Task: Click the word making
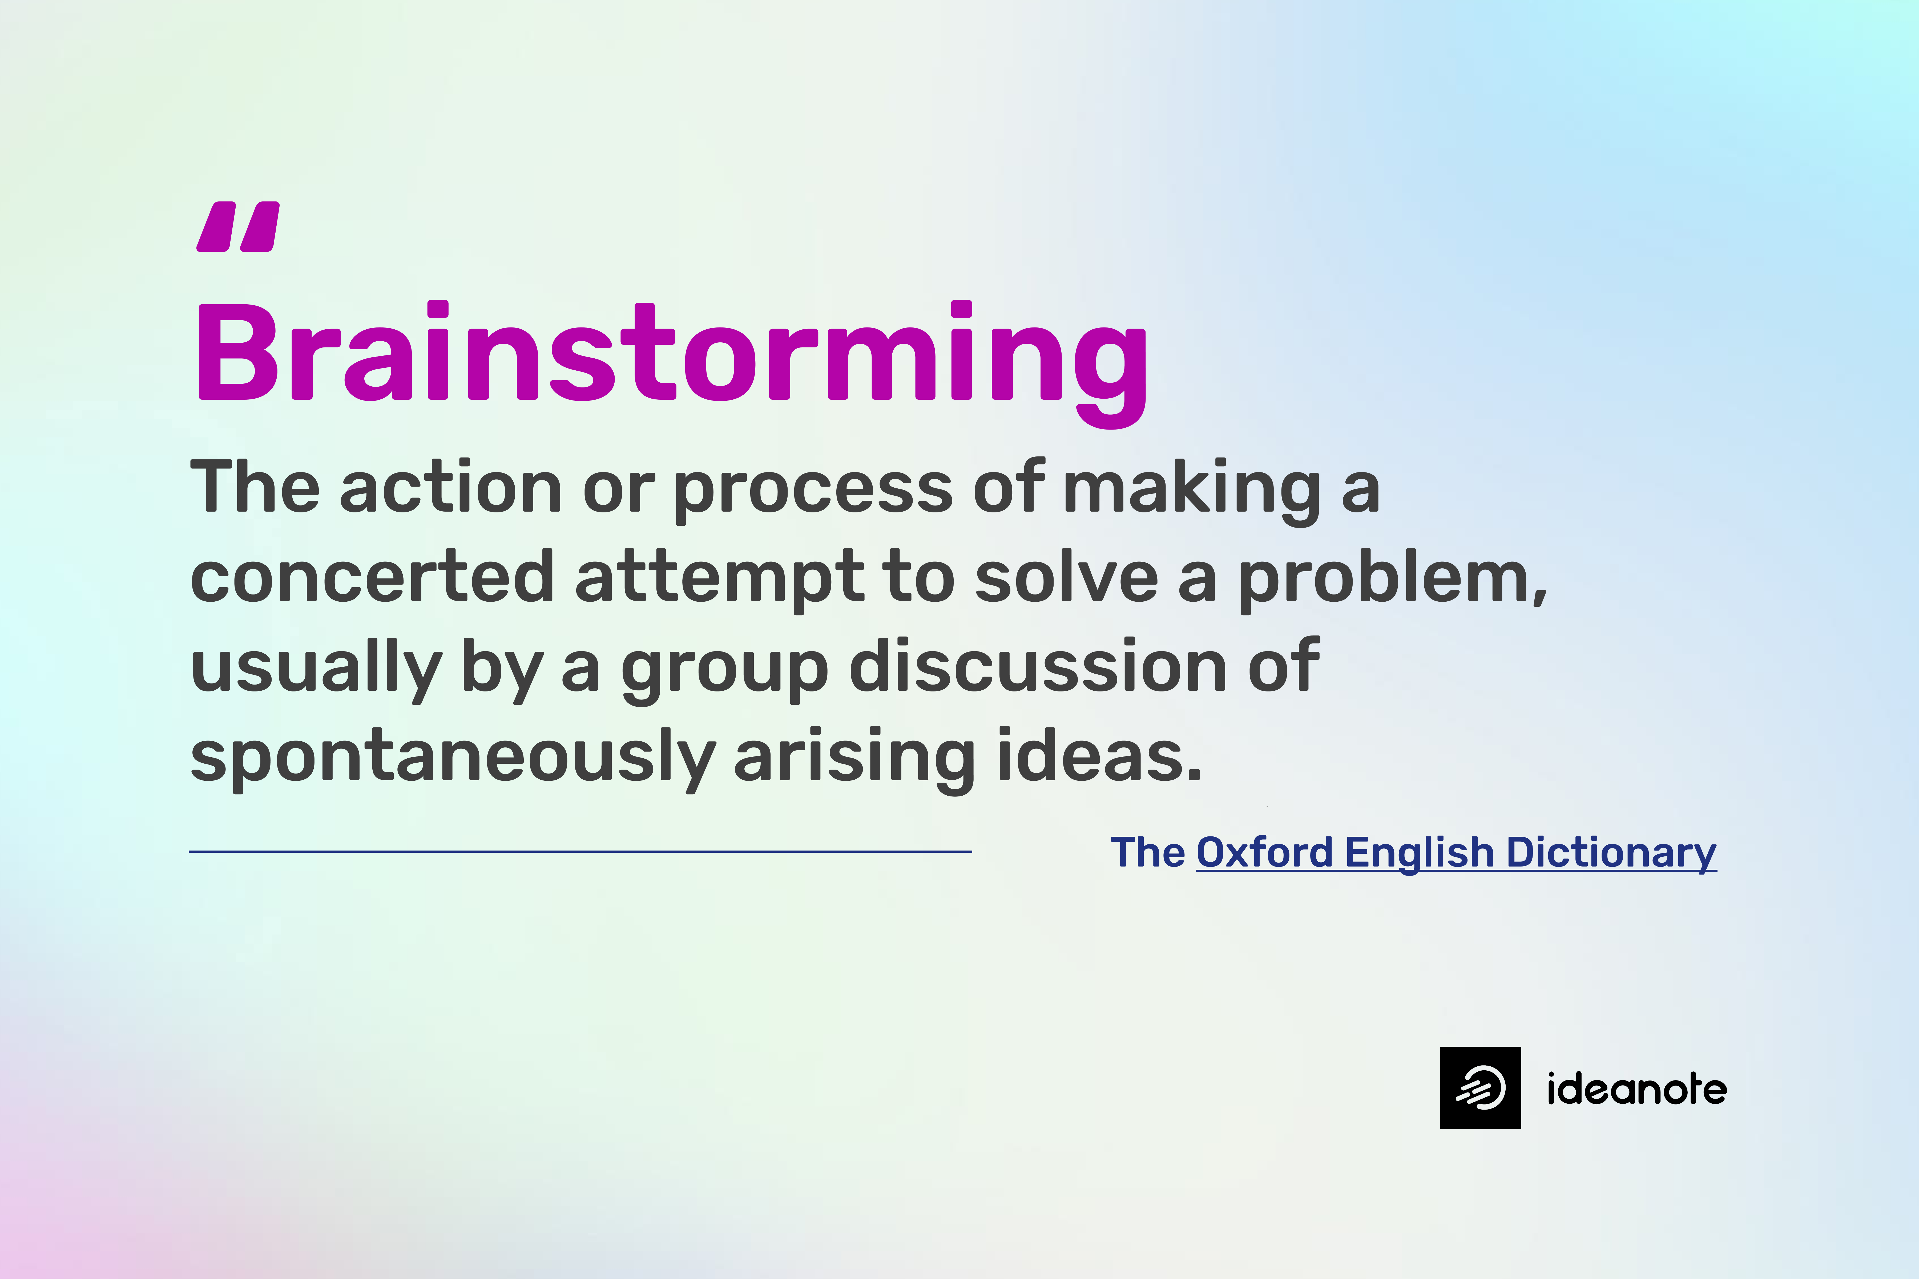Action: pyautogui.click(x=1191, y=489)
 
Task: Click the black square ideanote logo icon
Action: pyautogui.click(x=1480, y=1087)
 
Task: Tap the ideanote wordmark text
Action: pyautogui.click(x=1637, y=1089)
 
